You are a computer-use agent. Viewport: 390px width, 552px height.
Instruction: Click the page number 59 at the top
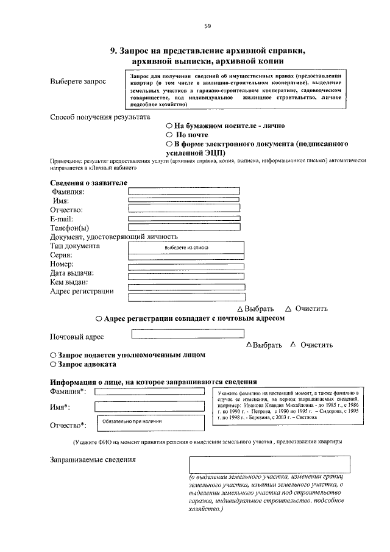(207, 26)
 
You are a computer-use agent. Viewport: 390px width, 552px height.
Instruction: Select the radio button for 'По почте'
(170, 135)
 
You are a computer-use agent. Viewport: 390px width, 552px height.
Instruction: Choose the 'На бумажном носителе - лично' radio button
(170, 126)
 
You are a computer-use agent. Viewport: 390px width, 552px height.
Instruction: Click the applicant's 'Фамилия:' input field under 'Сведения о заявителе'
(183, 191)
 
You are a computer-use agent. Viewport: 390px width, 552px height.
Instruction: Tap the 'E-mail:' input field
(184, 218)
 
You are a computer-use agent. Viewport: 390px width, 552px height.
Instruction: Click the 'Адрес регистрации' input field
(186, 296)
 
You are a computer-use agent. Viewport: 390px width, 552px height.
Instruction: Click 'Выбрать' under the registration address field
(255, 309)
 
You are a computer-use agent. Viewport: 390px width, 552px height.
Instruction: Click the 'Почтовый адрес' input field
(188, 334)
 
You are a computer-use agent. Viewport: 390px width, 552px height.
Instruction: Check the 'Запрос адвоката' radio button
(53, 364)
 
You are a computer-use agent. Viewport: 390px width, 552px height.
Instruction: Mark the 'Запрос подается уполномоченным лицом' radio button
(53, 354)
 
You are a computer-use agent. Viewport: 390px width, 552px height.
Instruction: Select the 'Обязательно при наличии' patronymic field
(149, 421)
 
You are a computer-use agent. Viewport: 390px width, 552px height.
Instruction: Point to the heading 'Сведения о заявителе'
(88, 182)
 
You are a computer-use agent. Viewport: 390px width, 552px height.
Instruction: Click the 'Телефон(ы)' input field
(184, 227)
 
